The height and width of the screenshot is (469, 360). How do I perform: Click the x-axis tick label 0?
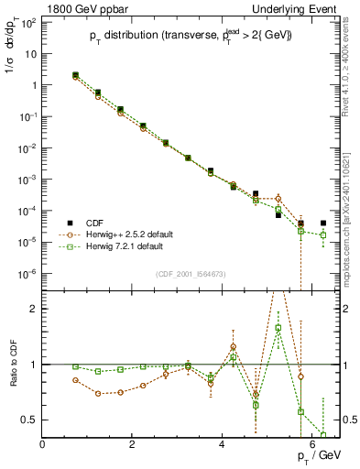[x=42, y=444]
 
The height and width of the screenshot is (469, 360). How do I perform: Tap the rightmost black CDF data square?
[x=323, y=223]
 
